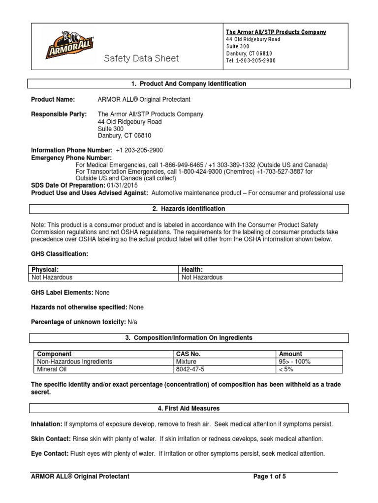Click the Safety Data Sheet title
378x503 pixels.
click(x=141, y=59)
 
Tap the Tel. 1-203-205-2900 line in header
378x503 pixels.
click(x=251, y=61)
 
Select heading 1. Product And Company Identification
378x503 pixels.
click(x=189, y=84)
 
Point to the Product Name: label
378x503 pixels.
click(x=53, y=100)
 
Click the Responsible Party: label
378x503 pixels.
click(x=59, y=114)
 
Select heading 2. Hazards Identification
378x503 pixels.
click(x=189, y=209)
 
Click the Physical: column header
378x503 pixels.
click(x=45, y=270)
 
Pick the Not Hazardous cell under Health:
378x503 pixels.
click(x=202, y=278)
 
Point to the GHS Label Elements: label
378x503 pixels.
click(x=62, y=292)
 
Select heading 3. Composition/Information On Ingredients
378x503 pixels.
click(x=189, y=338)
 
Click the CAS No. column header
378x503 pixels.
click(x=188, y=354)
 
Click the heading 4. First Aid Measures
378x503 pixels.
click(x=189, y=408)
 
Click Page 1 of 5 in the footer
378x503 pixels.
click(x=273, y=476)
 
